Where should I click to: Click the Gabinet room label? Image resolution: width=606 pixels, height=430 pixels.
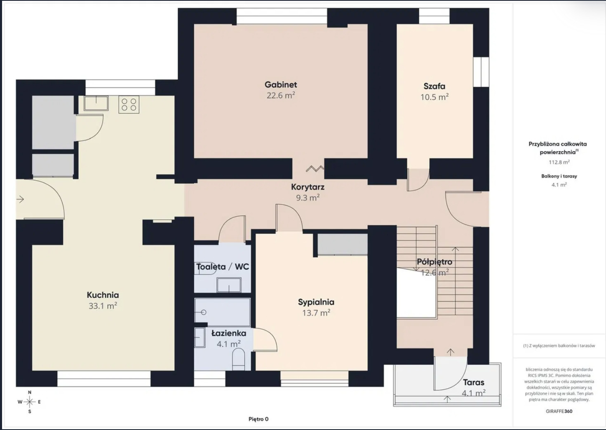coord(281,84)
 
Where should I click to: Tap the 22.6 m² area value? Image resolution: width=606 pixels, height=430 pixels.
coord(281,96)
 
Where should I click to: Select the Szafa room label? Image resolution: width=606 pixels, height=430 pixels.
coord(434,86)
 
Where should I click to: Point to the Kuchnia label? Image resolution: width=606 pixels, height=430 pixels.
coord(103,295)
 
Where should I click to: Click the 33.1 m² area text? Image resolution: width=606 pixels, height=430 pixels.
coord(103,306)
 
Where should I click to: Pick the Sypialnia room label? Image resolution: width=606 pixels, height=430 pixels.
coord(316,302)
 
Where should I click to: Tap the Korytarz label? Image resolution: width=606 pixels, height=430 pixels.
coord(308,187)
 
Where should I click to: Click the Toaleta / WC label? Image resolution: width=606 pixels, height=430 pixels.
coord(222,267)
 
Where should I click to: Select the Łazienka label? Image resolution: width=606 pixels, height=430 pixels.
coord(229,333)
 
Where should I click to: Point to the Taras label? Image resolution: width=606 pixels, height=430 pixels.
coord(473,383)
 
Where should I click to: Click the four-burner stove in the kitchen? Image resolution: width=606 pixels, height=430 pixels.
coord(129,104)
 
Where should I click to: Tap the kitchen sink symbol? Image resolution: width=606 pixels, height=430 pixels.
coord(96,103)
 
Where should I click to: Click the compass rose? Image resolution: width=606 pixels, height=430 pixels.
coord(30,402)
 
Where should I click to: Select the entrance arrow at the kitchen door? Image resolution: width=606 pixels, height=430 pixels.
coord(20,199)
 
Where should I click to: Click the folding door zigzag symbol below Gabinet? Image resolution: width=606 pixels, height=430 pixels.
coord(315,168)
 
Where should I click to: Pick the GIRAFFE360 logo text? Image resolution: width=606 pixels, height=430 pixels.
coord(559,411)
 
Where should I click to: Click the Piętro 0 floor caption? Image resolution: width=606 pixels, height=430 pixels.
coord(258,419)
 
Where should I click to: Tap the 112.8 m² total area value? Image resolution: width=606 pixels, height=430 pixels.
coord(559,162)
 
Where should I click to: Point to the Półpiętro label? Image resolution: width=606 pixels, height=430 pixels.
coord(435,262)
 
